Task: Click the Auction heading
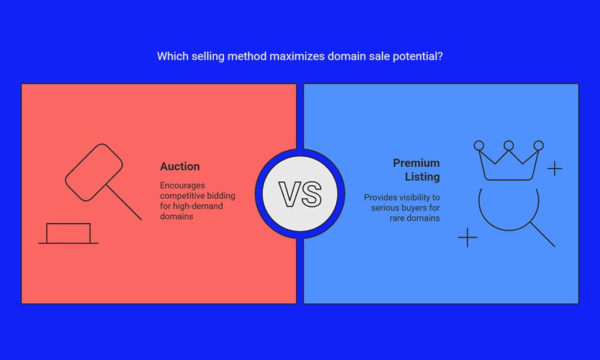click(x=180, y=166)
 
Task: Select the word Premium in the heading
click(x=417, y=163)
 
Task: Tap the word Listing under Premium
click(x=422, y=176)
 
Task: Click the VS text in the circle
click(x=300, y=194)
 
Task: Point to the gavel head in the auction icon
click(x=94, y=172)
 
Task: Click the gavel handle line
click(x=124, y=203)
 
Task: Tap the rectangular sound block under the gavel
click(x=69, y=233)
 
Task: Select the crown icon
click(x=509, y=161)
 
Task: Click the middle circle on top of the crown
click(x=509, y=145)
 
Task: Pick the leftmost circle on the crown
click(x=479, y=145)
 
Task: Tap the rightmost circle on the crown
click(x=538, y=145)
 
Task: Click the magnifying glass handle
click(x=543, y=235)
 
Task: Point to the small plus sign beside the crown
click(x=554, y=168)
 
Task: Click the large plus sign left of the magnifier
click(x=468, y=237)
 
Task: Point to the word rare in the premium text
click(x=397, y=218)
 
